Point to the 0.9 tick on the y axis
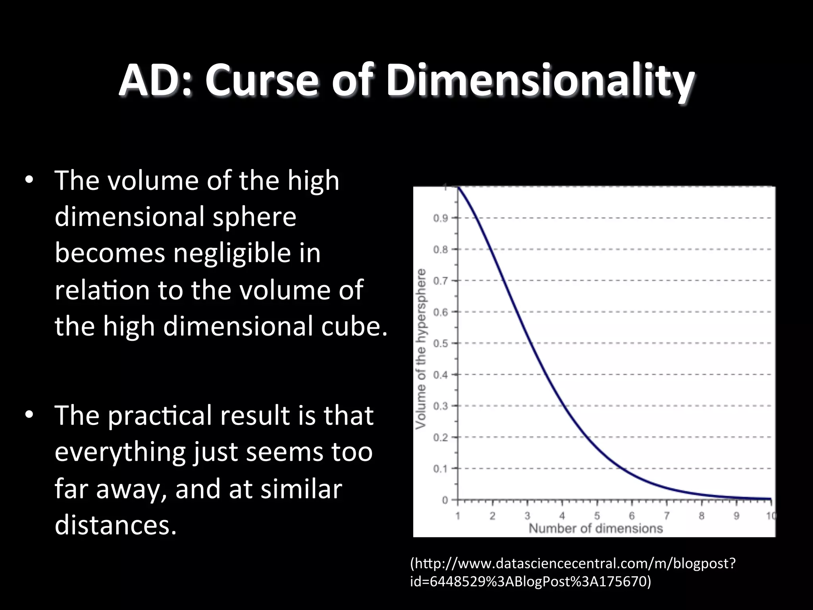440,218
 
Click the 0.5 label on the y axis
440,344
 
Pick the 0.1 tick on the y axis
440,469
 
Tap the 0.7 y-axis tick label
440,281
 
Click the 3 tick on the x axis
527,516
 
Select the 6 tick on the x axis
632,516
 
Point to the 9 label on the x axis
736,516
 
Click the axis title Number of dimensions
595,529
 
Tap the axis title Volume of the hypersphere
421,349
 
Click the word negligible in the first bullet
233,253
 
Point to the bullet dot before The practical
29,415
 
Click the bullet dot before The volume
29,180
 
